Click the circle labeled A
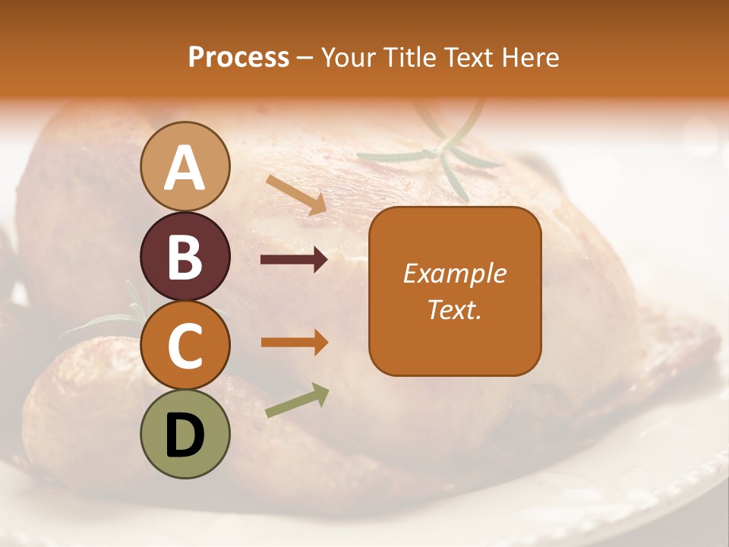click(185, 166)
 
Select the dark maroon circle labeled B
click(185, 256)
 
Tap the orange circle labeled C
click(185, 346)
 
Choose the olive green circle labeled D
click(185, 435)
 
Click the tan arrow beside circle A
click(296, 194)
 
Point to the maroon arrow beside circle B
click(294, 260)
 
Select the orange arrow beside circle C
click(294, 343)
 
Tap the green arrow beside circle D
click(297, 400)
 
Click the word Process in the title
click(238, 58)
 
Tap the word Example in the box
click(455, 273)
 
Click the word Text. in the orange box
click(455, 309)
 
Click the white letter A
click(185, 168)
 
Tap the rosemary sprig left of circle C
click(114, 319)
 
